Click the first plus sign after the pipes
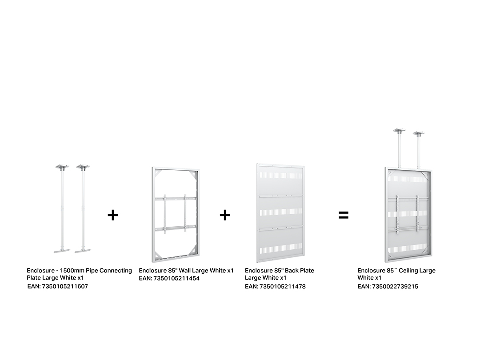[113, 215]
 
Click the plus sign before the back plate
[225, 215]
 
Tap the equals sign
[344, 215]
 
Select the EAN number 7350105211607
[65, 287]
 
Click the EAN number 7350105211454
[176, 279]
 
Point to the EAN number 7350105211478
[283, 287]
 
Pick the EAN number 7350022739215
[395, 287]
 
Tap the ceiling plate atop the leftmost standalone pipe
[62, 167]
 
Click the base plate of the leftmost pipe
[62, 251]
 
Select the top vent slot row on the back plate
[280, 176]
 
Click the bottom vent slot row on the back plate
[280, 248]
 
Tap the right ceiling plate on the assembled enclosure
[419, 133]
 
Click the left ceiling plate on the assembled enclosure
[399, 130]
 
